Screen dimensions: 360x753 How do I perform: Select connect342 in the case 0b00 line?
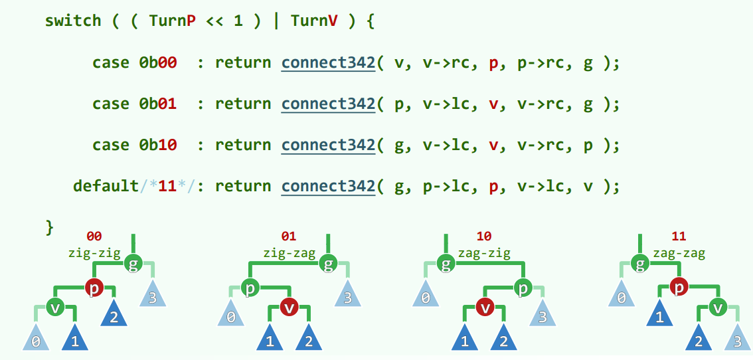point(329,63)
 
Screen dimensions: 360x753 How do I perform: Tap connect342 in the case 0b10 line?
point(329,145)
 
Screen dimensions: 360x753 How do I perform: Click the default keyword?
point(105,187)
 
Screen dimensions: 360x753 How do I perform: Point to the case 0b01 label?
point(134,104)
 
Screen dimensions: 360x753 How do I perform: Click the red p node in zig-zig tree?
point(94,288)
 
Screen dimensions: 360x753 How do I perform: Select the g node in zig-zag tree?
point(328,264)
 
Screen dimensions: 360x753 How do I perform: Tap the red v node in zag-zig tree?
point(485,308)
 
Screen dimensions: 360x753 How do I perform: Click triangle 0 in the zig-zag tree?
point(230,316)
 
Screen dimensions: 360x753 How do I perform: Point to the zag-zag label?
point(679,252)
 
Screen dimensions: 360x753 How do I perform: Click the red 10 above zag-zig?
point(484,236)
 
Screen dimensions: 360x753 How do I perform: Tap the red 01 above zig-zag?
point(289,236)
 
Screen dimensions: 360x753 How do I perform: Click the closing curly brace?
point(48,226)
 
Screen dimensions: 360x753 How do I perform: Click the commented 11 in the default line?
point(167,187)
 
